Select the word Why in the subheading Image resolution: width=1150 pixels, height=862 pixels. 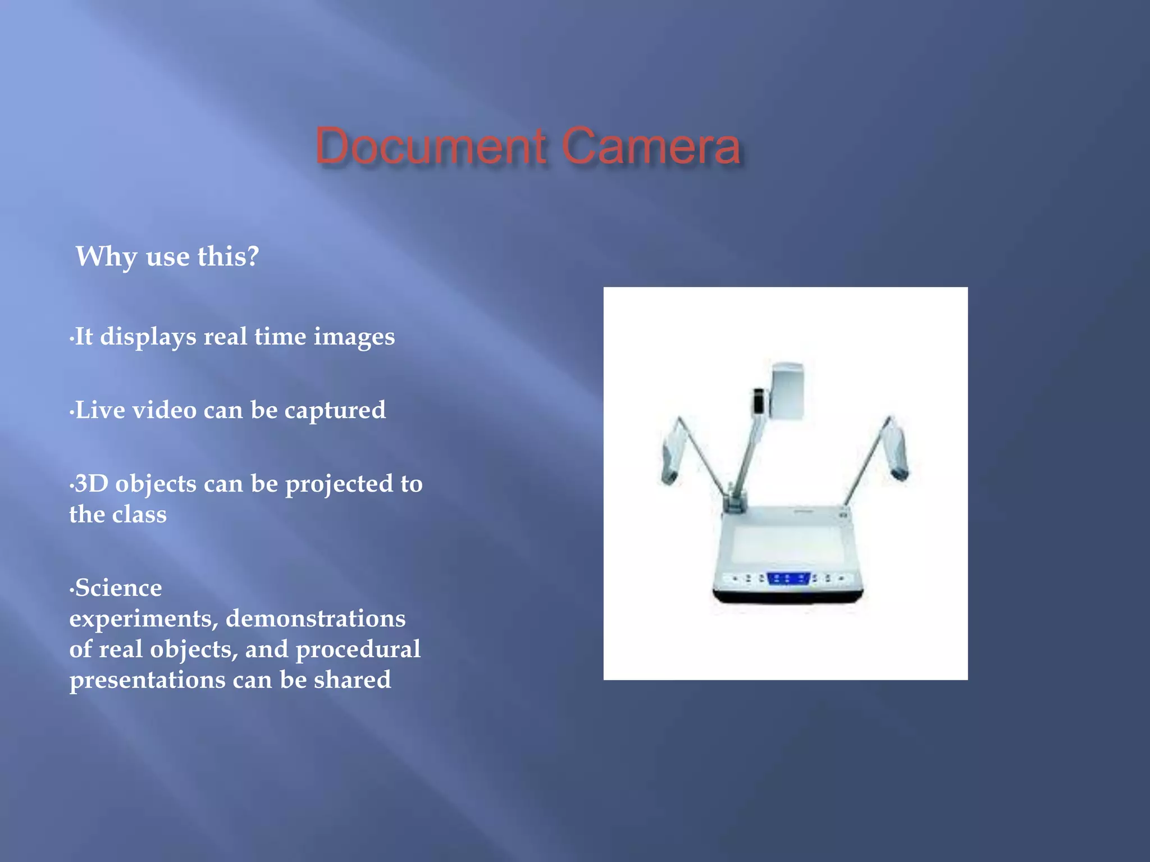tap(106, 257)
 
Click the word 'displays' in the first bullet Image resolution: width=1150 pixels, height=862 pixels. tap(148, 337)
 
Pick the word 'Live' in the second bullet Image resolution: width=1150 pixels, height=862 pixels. tap(100, 410)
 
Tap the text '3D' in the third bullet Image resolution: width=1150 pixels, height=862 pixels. tap(91, 484)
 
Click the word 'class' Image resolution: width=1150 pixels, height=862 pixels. tap(141, 515)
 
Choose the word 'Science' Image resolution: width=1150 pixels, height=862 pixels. tap(118, 588)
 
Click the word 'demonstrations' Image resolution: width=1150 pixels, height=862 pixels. tap(316, 618)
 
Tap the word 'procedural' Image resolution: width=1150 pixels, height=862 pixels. tap(358, 650)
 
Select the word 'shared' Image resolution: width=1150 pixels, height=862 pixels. tap(352, 680)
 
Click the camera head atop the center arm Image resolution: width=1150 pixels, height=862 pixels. tap(786, 392)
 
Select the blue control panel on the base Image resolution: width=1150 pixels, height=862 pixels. tap(788, 578)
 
